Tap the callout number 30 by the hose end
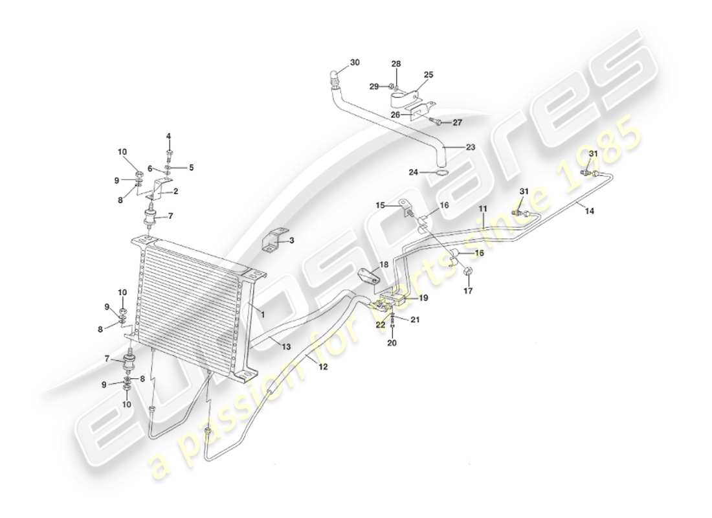[x=355, y=63]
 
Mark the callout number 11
[x=483, y=209]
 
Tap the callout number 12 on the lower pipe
[x=323, y=366]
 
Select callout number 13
[x=285, y=348]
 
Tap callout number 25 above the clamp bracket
[x=428, y=75]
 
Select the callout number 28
[x=396, y=63]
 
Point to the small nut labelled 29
[x=393, y=86]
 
